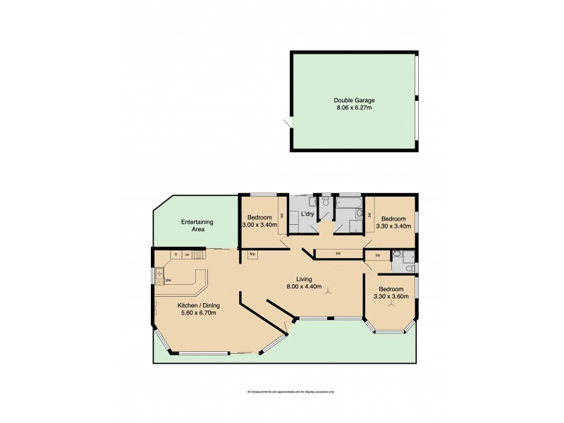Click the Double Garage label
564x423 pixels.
coord(354,100)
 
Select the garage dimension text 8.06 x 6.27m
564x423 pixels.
coord(354,109)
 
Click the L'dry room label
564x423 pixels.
coord(307,214)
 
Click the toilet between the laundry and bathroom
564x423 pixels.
coord(326,202)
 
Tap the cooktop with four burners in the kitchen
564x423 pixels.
coord(199,255)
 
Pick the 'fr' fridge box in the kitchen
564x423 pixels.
coord(175,254)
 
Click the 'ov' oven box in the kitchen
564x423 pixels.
coord(187,254)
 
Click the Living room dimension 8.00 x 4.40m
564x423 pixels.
coord(305,287)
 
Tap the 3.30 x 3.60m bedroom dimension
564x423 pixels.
coord(391,298)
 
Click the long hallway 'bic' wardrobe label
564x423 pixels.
coord(338,254)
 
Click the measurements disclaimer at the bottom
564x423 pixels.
coord(290,391)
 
